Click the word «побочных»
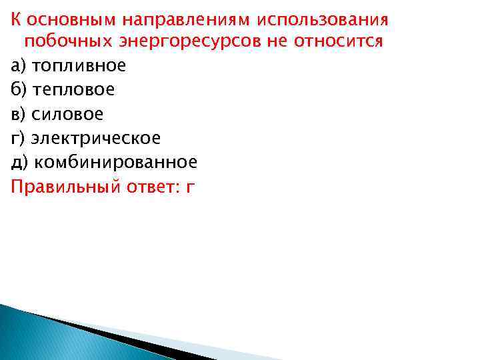(x=60, y=41)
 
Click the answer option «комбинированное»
(x=115, y=162)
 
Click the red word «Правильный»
(x=65, y=186)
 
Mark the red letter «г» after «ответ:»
(x=191, y=187)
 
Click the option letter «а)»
(x=19, y=65)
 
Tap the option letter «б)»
(x=19, y=89)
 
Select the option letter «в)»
(x=19, y=113)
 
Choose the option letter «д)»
(x=19, y=162)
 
